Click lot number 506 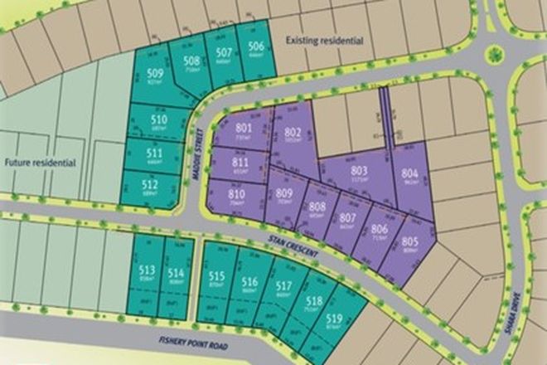tap(255, 46)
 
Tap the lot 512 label tap(150, 184)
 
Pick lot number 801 tap(243, 129)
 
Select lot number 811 tap(240, 163)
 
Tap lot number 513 tap(148, 270)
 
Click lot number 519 tap(334, 319)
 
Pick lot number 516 tap(250, 283)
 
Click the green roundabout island tap(495, 55)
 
